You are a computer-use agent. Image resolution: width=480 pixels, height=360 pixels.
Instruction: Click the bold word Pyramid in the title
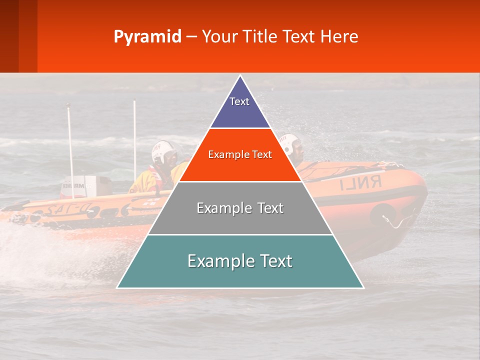[147, 37]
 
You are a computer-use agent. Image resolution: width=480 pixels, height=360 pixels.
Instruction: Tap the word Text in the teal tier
[274, 261]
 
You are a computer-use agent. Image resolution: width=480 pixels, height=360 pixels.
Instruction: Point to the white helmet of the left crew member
[163, 151]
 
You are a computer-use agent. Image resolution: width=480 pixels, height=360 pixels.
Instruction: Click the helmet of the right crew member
[289, 142]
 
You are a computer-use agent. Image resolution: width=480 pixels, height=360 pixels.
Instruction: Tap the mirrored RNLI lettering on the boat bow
[360, 183]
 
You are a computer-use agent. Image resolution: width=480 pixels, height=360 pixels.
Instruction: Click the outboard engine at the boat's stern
[80, 187]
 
